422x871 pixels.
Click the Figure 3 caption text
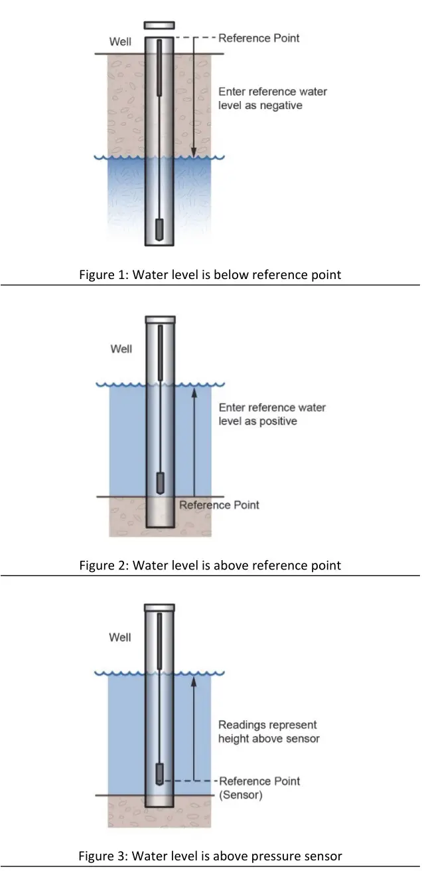click(x=210, y=856)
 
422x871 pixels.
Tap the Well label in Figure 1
click(x=120, y=43)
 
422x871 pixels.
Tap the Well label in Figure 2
click(x=121, y=349)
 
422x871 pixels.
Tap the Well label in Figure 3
click(x=120, y=637)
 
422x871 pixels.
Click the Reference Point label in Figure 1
click(x=259, y=38)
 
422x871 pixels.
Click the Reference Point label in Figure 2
click(x=219, y=505)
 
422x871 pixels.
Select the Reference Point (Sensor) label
click(x=259, y=787)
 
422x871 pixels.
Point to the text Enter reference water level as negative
click(x=272, y=98)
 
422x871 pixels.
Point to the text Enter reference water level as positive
click(x=272, y=414)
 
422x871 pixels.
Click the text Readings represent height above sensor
click(x=269, y=731)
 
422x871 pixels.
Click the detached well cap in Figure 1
click(x=159, y=25)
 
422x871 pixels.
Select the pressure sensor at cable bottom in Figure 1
click(x=159, y=230)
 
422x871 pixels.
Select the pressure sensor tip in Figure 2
click(x=159, y=482)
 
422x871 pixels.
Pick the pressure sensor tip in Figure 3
click(x=159, y=773)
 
